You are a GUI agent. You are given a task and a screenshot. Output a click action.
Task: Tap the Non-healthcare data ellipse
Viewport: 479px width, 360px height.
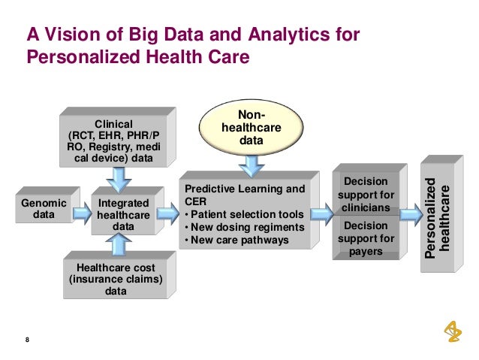click(x=249, y=128)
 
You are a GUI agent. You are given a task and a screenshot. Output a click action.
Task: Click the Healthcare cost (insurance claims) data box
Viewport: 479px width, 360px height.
click(x=117, y=277)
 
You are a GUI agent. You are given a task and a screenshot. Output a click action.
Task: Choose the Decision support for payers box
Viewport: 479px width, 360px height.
click(x=365, y=237)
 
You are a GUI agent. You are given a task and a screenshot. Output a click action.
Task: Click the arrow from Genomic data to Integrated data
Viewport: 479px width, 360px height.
click(x=79, y=210)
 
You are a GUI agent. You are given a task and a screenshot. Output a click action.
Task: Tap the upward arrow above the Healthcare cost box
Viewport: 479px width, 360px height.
click(x=119, y=245)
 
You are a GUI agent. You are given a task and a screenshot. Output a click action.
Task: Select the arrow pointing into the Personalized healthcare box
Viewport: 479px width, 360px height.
click(x=409, y=213)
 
